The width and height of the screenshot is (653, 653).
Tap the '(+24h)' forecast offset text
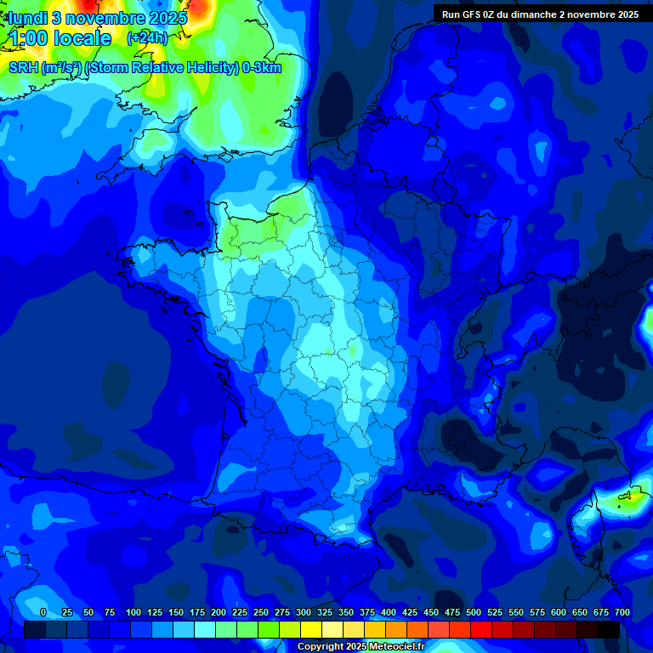[147, 38]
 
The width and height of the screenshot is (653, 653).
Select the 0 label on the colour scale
[43, 613]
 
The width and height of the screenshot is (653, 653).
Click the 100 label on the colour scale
[133, 613]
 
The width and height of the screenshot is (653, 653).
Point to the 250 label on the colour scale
[261, 613]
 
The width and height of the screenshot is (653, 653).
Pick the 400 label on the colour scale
[389, 613]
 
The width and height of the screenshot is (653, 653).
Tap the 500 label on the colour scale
[474, 613]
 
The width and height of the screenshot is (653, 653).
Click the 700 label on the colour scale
[622, 613]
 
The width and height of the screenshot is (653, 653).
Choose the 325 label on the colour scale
[325, 613]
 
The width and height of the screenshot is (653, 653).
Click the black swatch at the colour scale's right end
[609, 629]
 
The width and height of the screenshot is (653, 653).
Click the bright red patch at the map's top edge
[198, 7]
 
